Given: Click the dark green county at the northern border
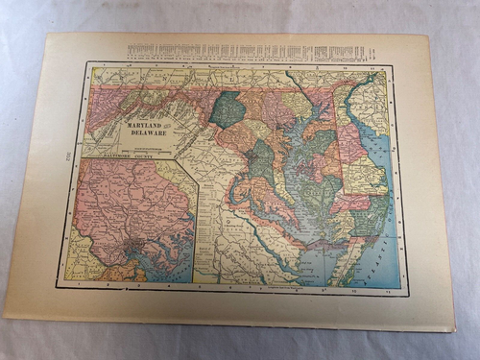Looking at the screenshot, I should click(227, 109).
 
